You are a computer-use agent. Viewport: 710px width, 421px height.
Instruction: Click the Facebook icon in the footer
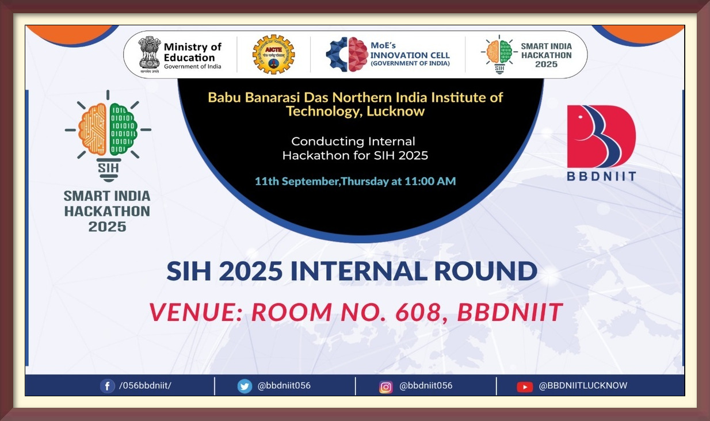click(108, 386)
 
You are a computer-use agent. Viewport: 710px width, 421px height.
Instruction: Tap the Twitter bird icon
click(245, 386)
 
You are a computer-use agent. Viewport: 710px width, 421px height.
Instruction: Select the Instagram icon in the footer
click(385, 387)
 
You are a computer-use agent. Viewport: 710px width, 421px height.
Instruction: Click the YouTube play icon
click(525, 387)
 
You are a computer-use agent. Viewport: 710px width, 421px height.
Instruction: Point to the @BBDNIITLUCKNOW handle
click(583, 385)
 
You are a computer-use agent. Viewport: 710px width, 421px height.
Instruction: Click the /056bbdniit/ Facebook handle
click(145, 385)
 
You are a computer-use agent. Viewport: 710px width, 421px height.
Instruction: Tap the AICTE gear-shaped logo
click(273, 55)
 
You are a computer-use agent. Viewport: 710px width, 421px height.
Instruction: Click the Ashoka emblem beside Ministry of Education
click(150, 55)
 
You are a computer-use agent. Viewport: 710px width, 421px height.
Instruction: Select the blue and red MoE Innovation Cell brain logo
click(347, 54)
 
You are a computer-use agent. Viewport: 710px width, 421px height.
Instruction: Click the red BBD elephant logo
click(601, 136)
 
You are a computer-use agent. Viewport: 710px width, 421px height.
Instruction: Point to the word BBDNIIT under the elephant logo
click(601, 176)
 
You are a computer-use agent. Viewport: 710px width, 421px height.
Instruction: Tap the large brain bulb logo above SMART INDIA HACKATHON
click(108, 136)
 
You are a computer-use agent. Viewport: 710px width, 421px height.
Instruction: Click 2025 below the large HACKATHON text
click(107, 227)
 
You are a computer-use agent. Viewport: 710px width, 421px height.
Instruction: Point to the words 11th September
click(297, 181)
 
